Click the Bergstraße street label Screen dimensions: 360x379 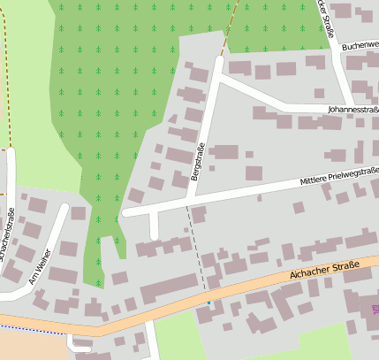point(199,164)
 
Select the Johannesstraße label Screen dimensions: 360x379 point(352,110)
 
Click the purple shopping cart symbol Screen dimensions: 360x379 point(375,309)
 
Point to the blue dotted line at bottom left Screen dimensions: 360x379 point(35,329)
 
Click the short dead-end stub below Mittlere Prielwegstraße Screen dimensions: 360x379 point(154,226)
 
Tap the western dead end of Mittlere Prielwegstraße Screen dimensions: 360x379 point(126,212)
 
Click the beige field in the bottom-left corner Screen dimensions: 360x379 point(27,345)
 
